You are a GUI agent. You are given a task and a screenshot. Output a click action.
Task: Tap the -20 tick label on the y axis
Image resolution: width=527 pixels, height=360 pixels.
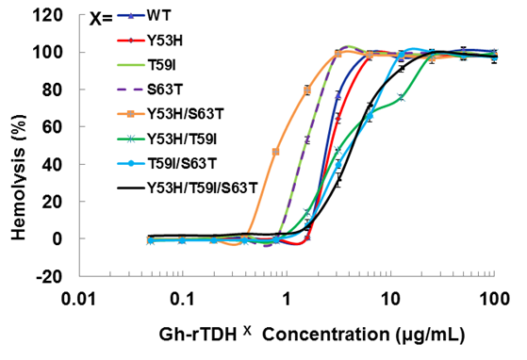coord(52,276)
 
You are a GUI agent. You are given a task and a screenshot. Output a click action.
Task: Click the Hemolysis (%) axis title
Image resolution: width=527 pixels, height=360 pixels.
coord(20,146)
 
